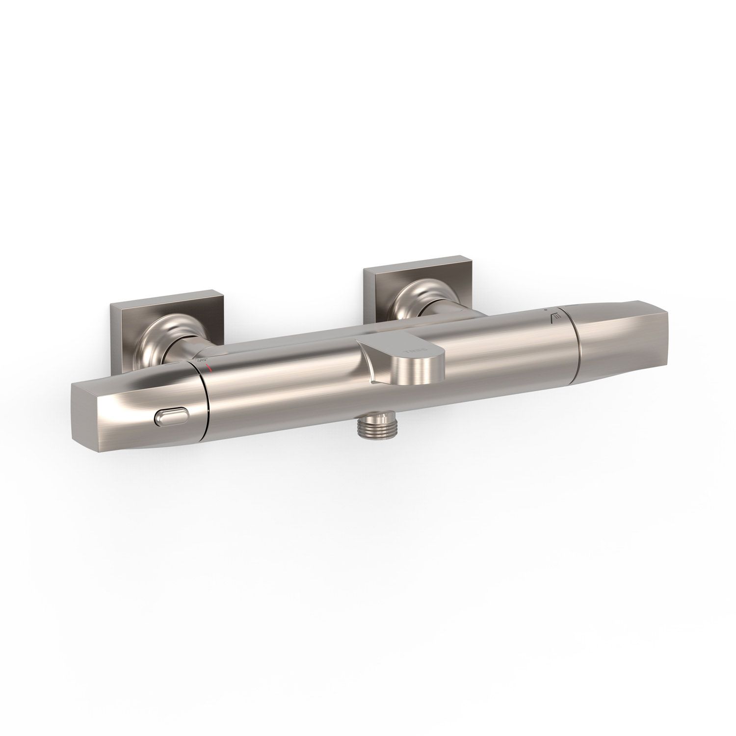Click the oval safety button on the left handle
170,418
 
